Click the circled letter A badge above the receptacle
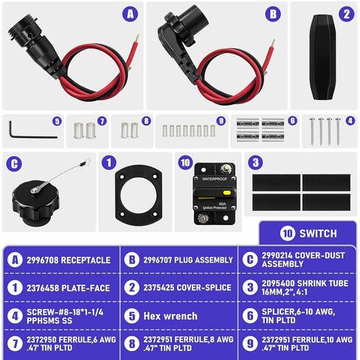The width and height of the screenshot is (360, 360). point(131,13)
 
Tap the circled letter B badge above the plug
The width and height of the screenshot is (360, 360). point(273,13)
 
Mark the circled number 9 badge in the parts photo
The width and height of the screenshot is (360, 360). point(221,121)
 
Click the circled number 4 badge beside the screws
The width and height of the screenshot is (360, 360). point(350,120)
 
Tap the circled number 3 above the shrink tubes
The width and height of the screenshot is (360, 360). point(255,162)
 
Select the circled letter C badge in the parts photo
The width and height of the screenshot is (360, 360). point(13,162)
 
